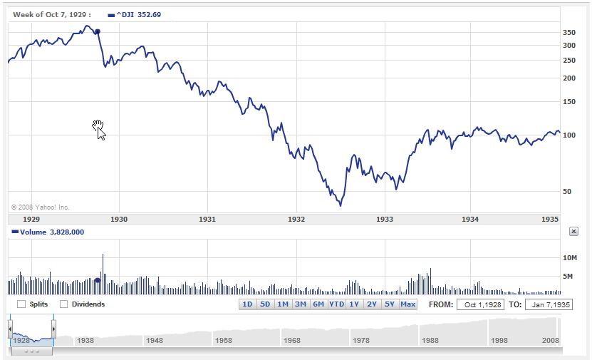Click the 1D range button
(x=248, y=304)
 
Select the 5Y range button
(x=390, y=304)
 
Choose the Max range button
(x=407, y=304)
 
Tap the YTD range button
(x=336, y=304)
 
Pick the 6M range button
(x=318, y=304)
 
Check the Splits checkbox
(x=21, y=304)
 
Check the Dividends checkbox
(x=64, y=304)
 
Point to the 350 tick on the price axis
(x=568, y=33)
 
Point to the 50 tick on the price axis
(x=568, y=192)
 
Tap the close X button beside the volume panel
(x=573, y=232)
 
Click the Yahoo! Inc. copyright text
(x=41, y=207)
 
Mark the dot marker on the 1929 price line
(x=98, y=31)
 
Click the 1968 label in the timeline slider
(x=292, y=341)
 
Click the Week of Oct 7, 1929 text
(x=51, y=14)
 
